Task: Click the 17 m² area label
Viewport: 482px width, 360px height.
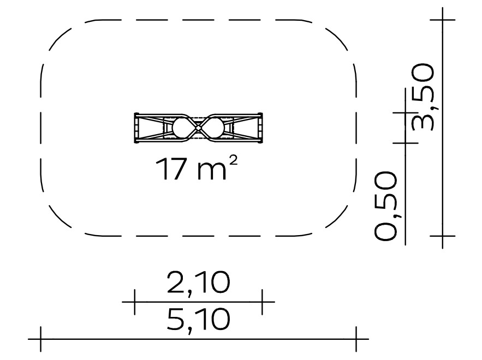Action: [197, 169]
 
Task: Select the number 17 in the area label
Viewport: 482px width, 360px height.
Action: [171, 169]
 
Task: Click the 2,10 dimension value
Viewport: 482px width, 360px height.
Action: [198, 283]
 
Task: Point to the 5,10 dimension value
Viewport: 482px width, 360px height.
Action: [198, 320]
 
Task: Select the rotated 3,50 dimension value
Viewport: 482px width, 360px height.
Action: [423, 97]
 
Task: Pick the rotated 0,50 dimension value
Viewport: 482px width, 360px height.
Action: [385, 206]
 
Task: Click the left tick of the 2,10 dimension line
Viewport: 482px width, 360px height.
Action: [135, 302]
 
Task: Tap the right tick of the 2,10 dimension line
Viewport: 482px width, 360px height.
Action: [262, 302]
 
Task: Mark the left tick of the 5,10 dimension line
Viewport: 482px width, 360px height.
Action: [40, 339]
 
